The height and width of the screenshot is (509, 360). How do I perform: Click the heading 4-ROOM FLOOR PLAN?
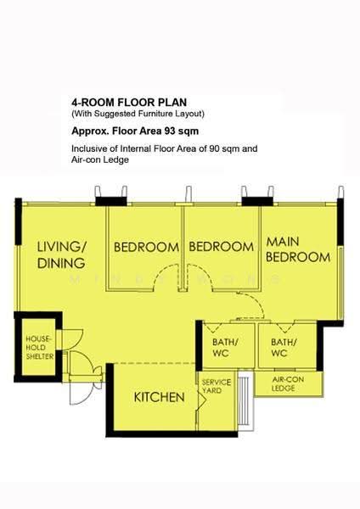129,103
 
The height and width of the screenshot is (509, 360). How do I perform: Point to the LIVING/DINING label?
61,255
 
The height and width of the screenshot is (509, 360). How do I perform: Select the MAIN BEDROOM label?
298,249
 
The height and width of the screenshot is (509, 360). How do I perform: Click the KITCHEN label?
160,397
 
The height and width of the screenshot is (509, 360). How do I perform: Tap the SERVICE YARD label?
217,386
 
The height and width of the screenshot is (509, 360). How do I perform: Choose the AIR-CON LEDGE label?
288,384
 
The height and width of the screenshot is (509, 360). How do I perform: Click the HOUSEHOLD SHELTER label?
39,348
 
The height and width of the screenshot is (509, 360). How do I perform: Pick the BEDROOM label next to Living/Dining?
146,247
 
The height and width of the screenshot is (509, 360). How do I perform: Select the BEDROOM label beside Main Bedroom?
222,247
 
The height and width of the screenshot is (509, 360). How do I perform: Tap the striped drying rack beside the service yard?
245,401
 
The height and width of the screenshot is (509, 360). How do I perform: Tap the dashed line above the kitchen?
155,363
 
